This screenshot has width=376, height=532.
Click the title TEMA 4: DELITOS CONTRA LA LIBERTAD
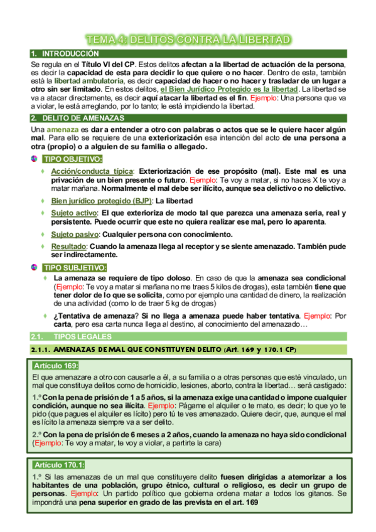pos(188,40)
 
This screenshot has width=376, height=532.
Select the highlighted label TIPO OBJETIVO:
pos(72,159)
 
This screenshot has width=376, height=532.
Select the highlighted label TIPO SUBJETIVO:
pos(74,268)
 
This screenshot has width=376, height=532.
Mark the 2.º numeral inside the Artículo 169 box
pos(36,435)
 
